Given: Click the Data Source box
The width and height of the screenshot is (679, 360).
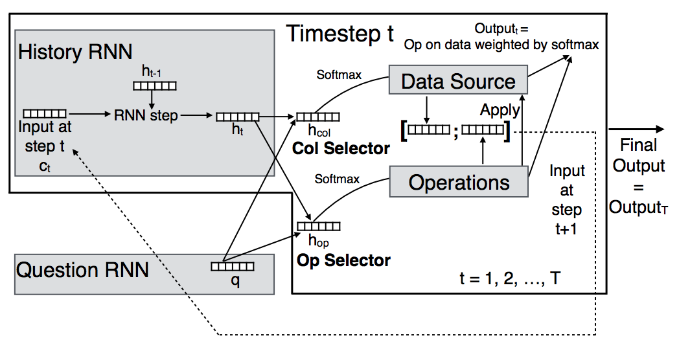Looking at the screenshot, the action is pos(458,80).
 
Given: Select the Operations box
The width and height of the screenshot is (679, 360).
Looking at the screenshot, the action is pos(459,182).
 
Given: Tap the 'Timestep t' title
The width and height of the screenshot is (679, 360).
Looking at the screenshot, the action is pos(340,34).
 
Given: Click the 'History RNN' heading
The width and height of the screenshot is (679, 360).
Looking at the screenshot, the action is pos(75,52).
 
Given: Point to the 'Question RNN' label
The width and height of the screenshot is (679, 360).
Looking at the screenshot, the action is pos(82,270).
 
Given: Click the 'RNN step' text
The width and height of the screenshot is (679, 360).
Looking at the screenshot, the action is pos(146,115).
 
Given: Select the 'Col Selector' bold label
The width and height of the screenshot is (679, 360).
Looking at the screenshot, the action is pos(341,148).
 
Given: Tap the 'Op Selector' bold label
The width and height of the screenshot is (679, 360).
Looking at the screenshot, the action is pos(343,260).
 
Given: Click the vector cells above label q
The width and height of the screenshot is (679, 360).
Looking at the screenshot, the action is pos(233,267).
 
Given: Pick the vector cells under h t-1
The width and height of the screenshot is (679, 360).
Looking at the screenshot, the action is pos(155,86).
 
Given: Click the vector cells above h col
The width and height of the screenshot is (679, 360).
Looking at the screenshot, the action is pos(318,117).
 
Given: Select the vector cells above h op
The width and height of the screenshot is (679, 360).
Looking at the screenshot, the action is pos(319,227).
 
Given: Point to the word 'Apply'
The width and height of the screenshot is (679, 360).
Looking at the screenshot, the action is pos(500,111).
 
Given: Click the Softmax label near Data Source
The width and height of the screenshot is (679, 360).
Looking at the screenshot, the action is pos(339,75).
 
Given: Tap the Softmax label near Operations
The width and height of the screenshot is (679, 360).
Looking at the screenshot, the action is pos(337,179).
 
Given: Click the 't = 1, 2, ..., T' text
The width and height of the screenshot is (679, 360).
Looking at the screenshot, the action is pos(510,278).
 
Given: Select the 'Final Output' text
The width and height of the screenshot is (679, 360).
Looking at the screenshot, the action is pos(639,155).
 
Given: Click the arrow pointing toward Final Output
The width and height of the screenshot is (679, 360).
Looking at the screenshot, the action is pos(636,129).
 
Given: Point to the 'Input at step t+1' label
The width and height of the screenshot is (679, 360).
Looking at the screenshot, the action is pos(567,199).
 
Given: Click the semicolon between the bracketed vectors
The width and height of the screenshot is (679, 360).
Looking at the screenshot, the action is pos(455,131).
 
